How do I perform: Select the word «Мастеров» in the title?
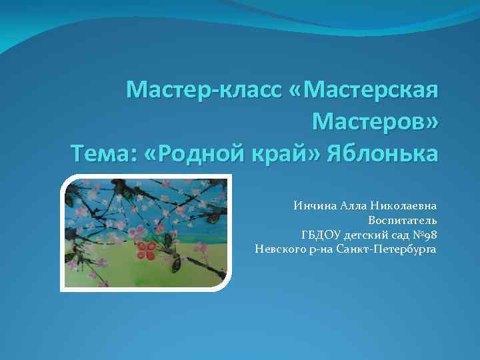point(375,121)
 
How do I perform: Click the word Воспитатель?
point(403,220)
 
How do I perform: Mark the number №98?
point(425,235)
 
